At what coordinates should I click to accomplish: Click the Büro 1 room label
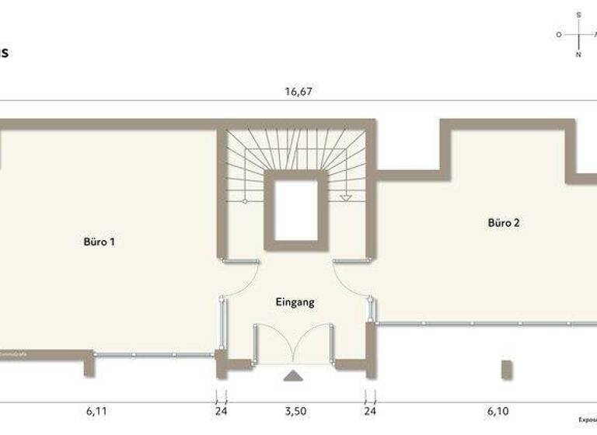pos(99,242)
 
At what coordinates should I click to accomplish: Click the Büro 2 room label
pos(504,223)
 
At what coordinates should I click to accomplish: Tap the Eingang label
pos(295,302)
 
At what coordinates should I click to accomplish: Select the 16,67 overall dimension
pos(298,91)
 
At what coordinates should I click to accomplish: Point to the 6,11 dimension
pos(96,411)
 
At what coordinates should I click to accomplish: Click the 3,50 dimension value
pos(294,411)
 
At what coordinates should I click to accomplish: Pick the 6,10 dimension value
pos(498,411)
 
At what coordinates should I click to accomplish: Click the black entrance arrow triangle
pos(293,377)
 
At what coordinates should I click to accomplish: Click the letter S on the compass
pos(578,15)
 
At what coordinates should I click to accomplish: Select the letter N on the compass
pos(578,55)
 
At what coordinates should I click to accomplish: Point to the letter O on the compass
pos(558,35)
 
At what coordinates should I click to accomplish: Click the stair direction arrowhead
pos(346,198)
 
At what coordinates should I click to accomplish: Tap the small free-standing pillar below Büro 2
pos(507,370)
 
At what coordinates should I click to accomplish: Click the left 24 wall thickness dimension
pos(221,411)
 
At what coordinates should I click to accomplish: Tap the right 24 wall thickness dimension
pos(370,411)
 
